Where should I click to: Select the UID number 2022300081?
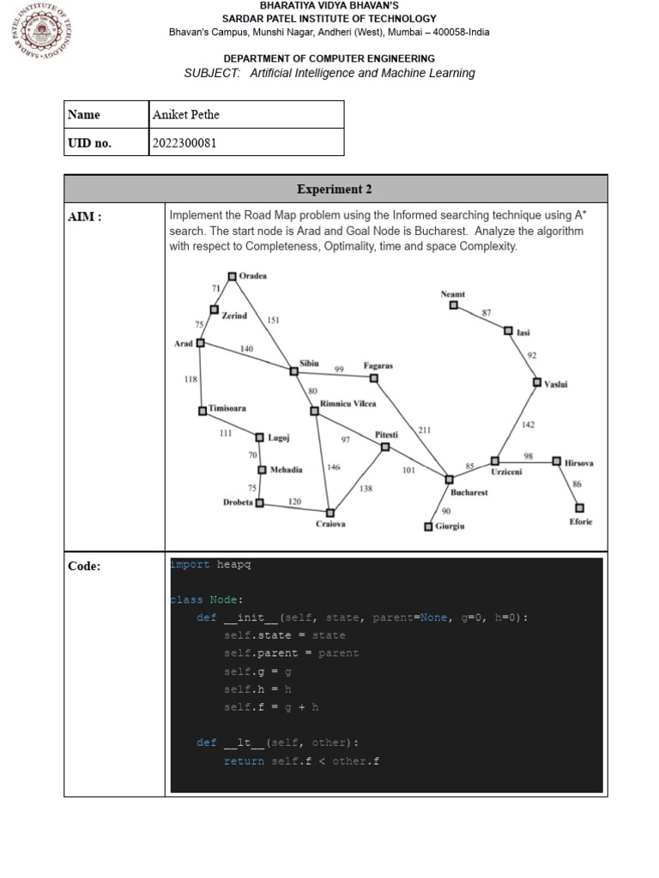(184, 143)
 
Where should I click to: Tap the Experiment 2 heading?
(335, 189)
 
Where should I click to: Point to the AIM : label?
(85, 217)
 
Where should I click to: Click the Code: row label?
(84, 566)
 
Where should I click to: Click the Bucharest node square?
(449, 479)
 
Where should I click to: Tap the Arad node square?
(201, 343)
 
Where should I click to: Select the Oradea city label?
(253, 276)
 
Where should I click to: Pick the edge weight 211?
(425, 430)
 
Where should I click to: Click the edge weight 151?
(273, 321)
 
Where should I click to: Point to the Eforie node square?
(579, 508)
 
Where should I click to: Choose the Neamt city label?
(453, 294)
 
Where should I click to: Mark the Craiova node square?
(330, 513)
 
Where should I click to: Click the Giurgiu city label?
(450, 526)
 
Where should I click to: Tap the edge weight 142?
(528, 424)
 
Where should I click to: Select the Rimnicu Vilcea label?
(348, 403)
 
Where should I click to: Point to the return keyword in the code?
(244, 761)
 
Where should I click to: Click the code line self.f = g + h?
(271, 707)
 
